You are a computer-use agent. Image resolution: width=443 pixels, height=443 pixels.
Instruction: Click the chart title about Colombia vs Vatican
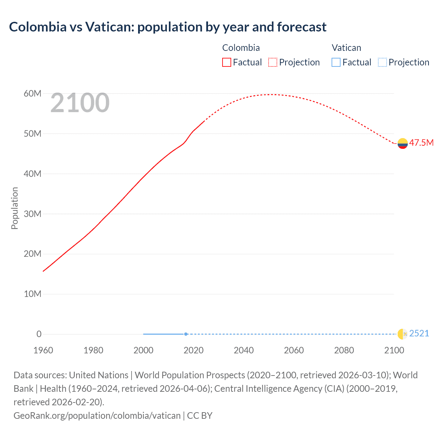168,27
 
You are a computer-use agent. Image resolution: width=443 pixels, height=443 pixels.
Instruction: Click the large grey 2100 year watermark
80,103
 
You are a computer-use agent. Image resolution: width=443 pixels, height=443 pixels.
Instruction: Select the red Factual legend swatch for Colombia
226,62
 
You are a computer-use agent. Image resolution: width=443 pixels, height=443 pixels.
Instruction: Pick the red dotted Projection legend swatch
273,62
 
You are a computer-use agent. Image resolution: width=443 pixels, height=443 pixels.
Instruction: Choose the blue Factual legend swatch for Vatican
336,62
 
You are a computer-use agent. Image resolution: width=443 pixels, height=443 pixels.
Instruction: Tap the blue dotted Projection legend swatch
382,62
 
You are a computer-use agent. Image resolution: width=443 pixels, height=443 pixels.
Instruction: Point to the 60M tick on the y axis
33,93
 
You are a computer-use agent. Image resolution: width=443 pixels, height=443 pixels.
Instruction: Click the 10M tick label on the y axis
33,294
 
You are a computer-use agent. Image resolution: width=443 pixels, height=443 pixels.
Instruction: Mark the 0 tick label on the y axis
39,334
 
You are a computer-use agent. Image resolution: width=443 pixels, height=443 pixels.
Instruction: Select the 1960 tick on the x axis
43,350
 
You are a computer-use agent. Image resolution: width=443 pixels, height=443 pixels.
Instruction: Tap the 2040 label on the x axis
244,350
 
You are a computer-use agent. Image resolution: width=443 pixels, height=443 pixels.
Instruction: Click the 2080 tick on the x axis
344,350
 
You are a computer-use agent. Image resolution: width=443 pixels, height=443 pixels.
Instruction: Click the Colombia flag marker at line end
403,143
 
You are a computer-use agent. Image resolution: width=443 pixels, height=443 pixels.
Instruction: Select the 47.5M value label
421,143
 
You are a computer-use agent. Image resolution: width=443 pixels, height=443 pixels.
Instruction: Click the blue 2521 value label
419,333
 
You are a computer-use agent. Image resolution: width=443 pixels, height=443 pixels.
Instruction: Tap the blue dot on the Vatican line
186,334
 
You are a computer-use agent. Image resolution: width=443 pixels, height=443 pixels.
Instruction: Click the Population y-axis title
15,208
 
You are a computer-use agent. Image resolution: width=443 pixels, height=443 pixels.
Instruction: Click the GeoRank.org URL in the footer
97,415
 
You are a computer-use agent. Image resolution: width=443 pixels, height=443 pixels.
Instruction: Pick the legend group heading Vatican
346,48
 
